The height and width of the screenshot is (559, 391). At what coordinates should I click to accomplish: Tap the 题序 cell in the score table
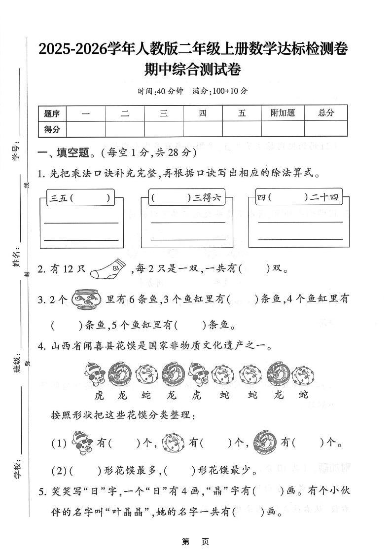coord(52,113)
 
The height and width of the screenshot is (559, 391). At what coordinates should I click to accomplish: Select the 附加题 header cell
coord(283,113)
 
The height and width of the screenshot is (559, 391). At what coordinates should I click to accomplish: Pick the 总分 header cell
coord(325,113)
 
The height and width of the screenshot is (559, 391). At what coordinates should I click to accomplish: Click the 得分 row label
coord(52,129)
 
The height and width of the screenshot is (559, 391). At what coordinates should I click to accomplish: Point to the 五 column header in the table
coord(242,113)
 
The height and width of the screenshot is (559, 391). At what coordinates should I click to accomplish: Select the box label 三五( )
coord(80,198)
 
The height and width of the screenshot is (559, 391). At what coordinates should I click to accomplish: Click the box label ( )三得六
coord(186,198)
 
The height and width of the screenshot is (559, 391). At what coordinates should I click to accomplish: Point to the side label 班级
coord(16,364)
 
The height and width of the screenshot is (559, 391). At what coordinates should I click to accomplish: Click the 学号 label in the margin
coord(16,152)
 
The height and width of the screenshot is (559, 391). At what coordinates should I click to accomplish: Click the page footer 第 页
coord(196,542)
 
